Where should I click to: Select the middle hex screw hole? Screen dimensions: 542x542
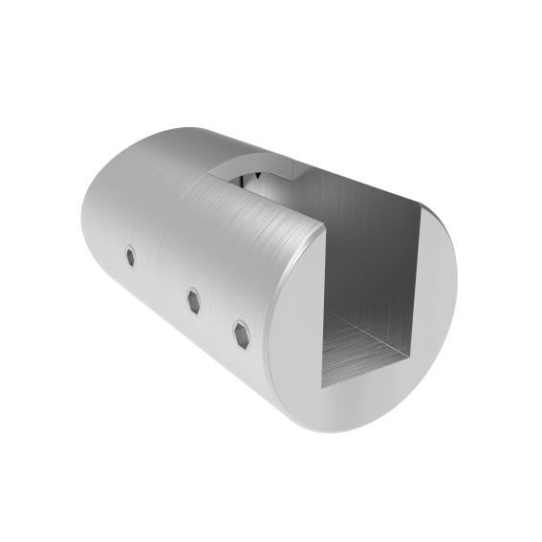194,300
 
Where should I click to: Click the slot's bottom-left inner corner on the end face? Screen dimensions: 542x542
322,386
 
